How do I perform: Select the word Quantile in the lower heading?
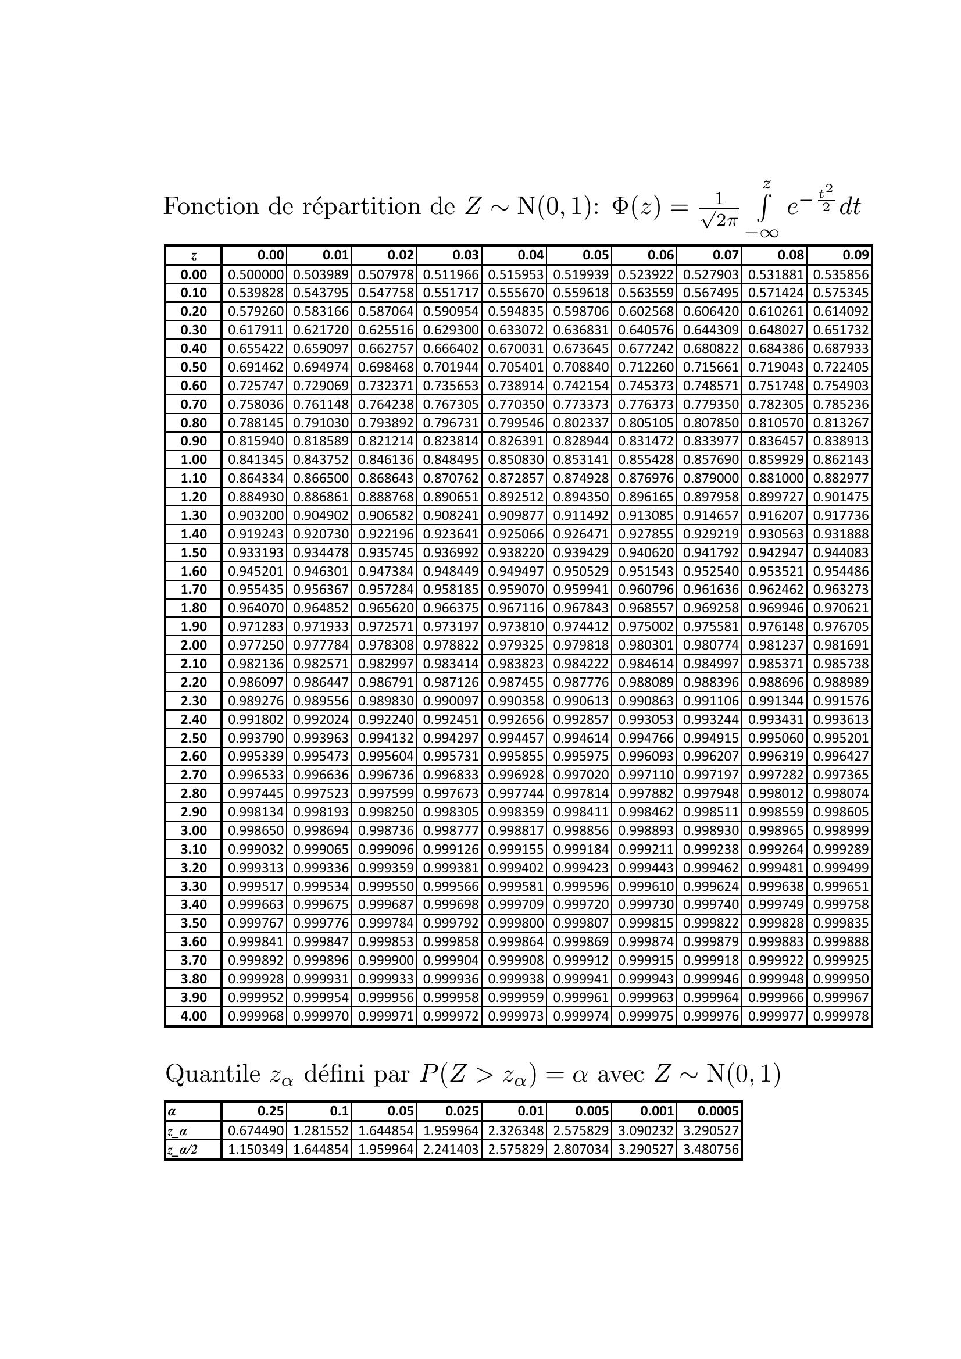click(212, 1073)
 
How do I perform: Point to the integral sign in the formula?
click(764, 206)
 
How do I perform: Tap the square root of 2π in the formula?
click(719, 220)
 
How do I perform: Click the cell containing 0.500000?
click(256, 274)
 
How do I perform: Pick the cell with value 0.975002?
click(645, 627)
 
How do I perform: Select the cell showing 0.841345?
click(256, 460)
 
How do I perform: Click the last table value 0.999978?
click(841, 1016)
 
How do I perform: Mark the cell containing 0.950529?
click(581, 571)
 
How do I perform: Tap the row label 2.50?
click(194, 738)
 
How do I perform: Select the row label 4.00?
click(194, 1016)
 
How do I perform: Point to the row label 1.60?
click(194, 571)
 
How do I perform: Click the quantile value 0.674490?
click(256, 1131)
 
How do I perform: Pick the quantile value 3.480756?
click(710, 1150)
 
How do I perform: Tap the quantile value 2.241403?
click(451, 1150)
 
